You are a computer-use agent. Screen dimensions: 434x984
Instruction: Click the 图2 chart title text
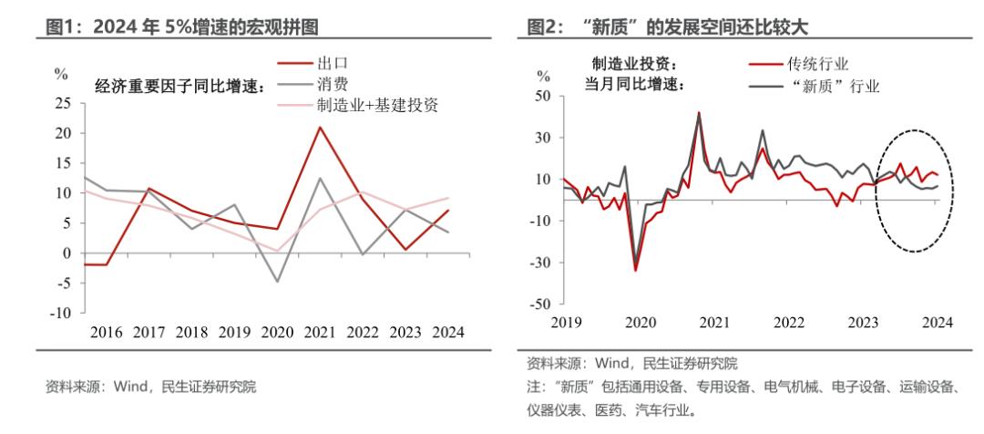pos(667,25)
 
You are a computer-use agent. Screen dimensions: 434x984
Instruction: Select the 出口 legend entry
pos(333,64)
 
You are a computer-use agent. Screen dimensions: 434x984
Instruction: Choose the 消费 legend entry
pos(333,85)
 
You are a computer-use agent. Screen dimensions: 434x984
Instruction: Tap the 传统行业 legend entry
pos(820,64)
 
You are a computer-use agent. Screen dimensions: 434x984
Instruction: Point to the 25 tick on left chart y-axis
pos(63,103)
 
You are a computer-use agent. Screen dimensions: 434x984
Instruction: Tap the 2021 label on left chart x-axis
pos(320,333)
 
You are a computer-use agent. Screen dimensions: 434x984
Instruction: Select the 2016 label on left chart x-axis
pos(107,333)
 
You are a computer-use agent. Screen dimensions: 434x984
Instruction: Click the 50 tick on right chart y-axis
pos(543,96)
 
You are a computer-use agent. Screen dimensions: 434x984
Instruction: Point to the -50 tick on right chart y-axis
pos(540,304)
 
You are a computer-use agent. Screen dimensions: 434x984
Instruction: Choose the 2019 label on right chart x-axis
pos(565,322)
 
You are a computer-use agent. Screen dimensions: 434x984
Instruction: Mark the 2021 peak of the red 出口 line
pos(320,127)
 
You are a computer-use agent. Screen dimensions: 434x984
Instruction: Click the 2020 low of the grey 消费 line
pos(278,282)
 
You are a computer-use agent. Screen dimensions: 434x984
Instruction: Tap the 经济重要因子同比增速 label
pos(179,87)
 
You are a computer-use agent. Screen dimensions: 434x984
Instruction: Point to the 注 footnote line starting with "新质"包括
pos(743,387)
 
